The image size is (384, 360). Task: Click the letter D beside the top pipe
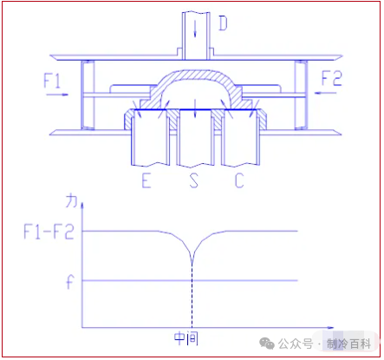[223, 23]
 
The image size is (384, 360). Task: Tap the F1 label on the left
[52, 81]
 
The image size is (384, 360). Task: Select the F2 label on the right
[332, 78]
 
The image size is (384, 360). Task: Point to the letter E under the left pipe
[146, 180]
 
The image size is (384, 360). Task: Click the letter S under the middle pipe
[194, 180]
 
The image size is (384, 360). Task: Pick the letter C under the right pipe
[239, 180]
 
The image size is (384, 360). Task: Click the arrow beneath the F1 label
[57, 95]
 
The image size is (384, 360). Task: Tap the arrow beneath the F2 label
[326, 93]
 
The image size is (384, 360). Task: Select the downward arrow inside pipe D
[195, 29]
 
